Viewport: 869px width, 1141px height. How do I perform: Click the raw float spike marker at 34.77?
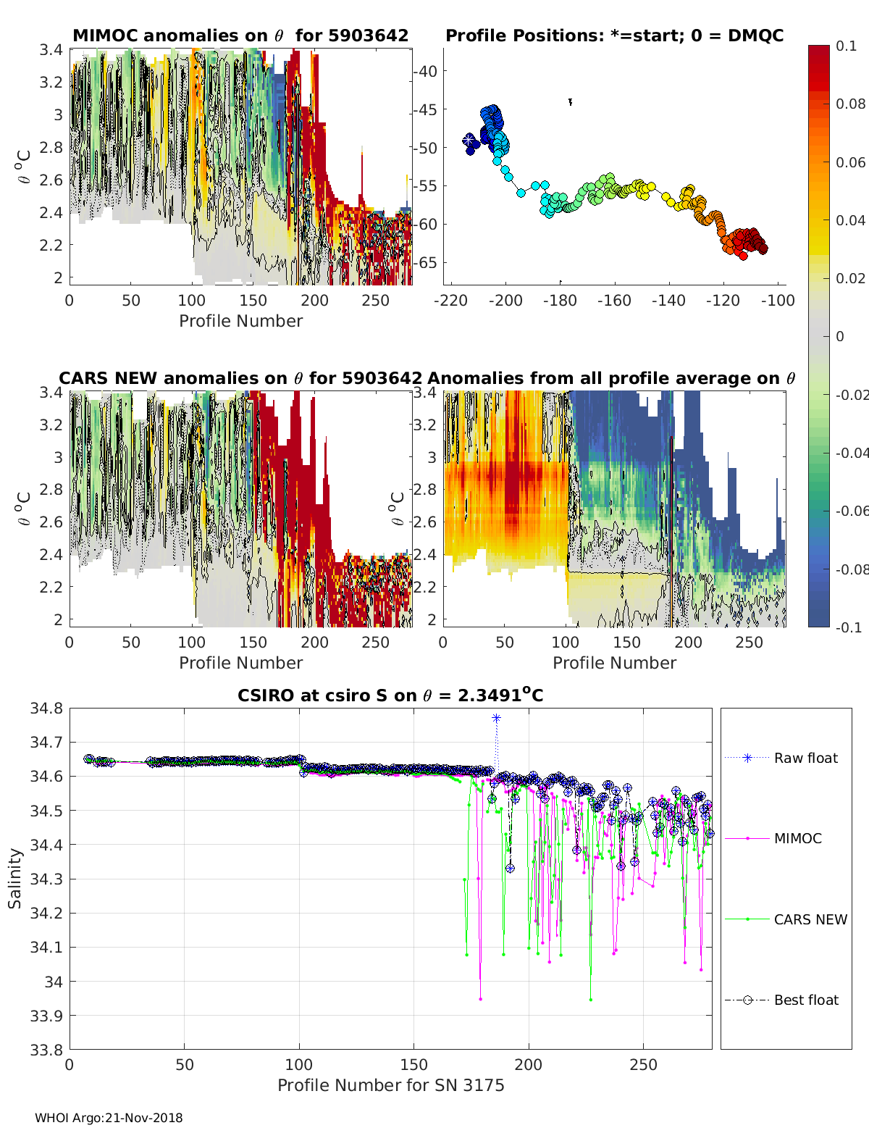[496, 718]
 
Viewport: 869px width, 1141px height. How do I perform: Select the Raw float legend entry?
[805, 758]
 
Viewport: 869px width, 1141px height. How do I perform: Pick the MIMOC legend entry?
[797, 838]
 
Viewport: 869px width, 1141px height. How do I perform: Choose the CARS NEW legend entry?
[810, 919]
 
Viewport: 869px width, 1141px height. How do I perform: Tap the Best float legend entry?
[805, 1000]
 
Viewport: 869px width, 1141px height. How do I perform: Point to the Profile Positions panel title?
[614, 35]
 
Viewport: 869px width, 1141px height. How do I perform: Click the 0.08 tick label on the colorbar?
[850, 104]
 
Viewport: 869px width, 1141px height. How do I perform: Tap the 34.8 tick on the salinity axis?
[46, 709]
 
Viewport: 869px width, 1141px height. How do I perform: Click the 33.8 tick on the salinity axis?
[46, 1049]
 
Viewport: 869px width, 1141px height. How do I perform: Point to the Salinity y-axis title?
[15, 878]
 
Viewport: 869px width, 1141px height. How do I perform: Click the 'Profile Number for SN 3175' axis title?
[390, 1085]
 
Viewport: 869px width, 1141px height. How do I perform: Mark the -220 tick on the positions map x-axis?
[450, 301]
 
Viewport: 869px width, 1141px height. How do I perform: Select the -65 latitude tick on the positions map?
[425, 262]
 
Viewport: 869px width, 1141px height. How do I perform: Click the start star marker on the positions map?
[469, 139]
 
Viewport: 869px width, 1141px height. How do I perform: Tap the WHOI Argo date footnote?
[109, 1118]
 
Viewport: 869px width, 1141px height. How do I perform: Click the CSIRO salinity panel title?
[390, 696]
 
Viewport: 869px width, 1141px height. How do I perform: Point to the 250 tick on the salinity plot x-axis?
[643, 1065]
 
